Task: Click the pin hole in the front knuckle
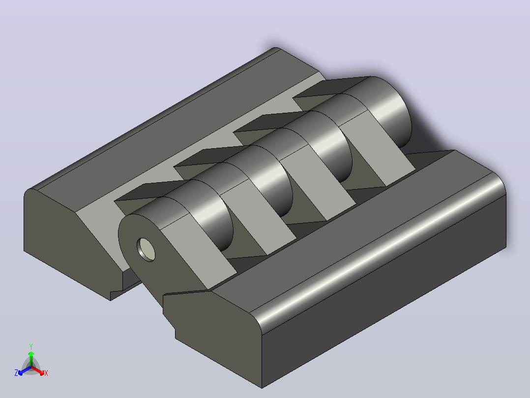[146, 250]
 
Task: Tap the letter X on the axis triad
[46, 373]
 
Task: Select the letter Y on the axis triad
[31, 346]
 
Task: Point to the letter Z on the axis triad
[16, 373]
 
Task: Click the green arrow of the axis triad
[31, 359]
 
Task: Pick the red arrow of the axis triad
[38, 370]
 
